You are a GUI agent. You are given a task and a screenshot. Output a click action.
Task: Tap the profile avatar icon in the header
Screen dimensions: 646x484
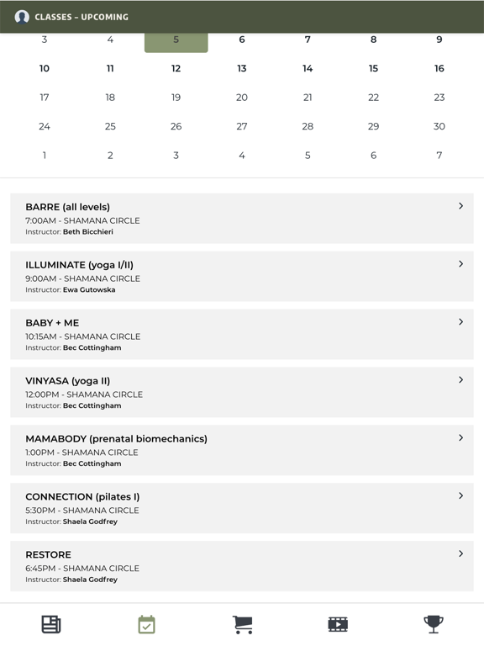[22, 17]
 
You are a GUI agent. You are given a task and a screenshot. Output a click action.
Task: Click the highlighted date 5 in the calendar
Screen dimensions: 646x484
[176, 40]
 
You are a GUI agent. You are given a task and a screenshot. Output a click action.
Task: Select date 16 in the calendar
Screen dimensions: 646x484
[439, 69]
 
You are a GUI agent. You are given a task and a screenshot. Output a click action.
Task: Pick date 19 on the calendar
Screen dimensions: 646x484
[176, 98]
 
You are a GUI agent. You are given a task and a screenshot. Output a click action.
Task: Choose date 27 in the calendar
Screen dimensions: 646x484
[241, 126]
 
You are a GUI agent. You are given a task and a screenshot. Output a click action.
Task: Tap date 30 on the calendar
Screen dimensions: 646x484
[439, 126]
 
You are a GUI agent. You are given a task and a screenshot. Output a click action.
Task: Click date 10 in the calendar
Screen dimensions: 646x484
[45, 69]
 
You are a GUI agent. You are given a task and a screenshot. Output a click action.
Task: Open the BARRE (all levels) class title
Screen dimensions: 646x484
[67, 207]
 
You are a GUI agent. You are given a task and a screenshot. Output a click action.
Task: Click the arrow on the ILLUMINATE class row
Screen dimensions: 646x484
[460, 264]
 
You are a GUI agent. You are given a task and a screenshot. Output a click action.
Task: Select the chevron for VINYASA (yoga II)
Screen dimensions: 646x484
[460, 380]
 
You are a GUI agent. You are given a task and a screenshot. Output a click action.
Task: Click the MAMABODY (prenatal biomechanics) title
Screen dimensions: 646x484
[116, 439]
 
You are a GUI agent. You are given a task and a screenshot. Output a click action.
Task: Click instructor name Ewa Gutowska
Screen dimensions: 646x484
[89, 290]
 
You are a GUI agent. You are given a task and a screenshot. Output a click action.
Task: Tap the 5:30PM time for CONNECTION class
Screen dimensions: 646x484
[42, 511]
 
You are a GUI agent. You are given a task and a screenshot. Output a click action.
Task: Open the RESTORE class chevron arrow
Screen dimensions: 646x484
[460, 554]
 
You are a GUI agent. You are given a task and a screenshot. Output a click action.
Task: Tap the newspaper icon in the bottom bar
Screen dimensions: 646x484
[51, 624]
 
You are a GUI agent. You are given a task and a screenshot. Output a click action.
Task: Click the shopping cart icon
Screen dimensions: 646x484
[242, 624]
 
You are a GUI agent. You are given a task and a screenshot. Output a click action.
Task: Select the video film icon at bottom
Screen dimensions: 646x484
[338, 624]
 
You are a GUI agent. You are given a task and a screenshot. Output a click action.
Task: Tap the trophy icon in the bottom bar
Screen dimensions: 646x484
[434, 624]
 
